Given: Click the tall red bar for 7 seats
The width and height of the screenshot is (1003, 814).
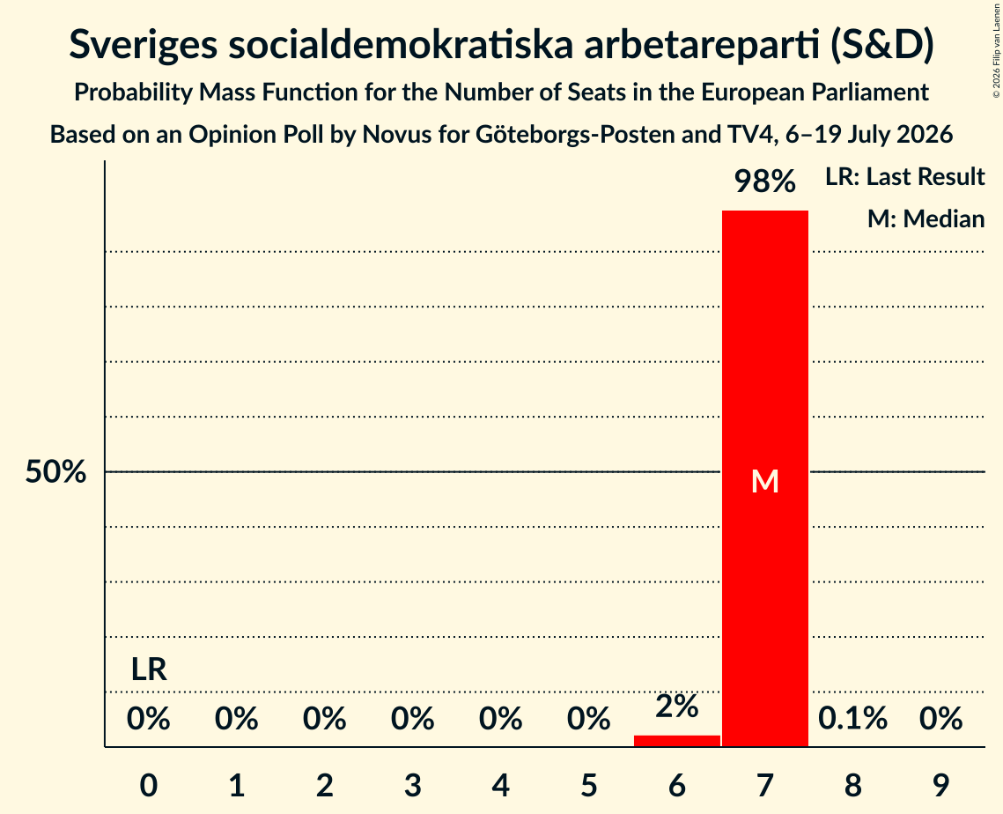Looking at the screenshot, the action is click(765, 478).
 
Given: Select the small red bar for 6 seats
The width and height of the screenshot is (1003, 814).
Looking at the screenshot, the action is click(677, 741).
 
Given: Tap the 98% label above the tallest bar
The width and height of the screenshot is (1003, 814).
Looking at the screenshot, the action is click(765, 181).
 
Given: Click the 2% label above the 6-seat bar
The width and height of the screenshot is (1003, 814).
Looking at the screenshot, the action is click(677, 707).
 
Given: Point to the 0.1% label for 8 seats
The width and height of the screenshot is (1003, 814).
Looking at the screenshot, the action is click(852, 719).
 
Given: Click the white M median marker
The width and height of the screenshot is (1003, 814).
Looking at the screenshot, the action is click(765, 481).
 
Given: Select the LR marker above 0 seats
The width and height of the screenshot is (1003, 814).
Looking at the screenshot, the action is click(149, 670).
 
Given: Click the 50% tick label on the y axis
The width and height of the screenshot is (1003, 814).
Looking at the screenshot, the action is click(55, 472).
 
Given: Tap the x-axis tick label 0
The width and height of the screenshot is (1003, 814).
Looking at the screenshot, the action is click(149, 785).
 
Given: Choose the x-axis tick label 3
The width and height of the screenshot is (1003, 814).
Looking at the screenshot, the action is click(413, 785).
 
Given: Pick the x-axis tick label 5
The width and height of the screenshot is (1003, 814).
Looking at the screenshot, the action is click(588, 785).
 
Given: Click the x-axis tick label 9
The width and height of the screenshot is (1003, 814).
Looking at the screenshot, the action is click(940, 785).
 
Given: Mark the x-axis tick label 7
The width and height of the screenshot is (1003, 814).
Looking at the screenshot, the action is click(765, 785).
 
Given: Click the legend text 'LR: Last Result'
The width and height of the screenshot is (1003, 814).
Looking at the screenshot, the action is click(904, 176).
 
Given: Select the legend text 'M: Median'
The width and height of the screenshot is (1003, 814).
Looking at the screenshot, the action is click(926, 218).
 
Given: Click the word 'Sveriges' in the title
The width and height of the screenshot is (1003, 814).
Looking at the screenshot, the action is click(143, 46).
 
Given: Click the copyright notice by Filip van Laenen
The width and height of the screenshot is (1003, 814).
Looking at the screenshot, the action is click(996, 51).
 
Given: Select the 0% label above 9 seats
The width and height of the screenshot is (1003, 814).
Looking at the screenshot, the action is click(940, 719).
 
